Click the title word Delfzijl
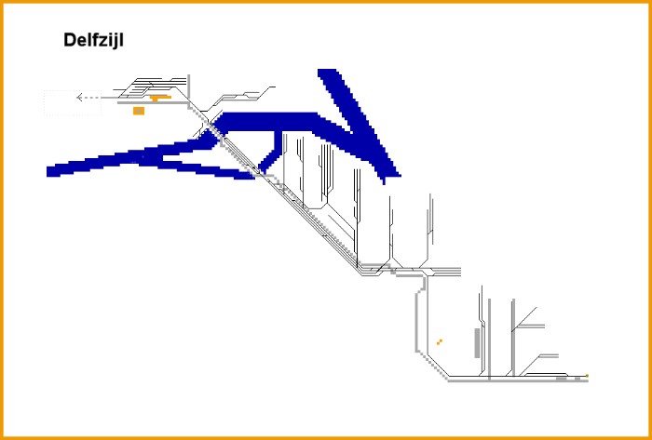click(x=93, y=41)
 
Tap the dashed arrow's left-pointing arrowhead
click(x=79, y=98)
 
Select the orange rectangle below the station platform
click(x=139, y=111)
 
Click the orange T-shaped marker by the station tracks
click(x=159, y=98)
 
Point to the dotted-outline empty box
click(x=73, y=102)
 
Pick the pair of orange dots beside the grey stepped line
click(x=439, y=342)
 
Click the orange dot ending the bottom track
click(x=587, y=376)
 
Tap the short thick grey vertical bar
click(x=477, y=343)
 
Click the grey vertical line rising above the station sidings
click(x=189, y=87)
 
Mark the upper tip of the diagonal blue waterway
click(x=327, y=70)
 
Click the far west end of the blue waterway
click(x=48, y=171)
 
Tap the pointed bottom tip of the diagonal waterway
click(x=384, y=182)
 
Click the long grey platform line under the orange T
click(x=153, y=102)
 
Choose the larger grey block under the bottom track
click(x=562, y=379)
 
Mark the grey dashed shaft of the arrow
click(x=91, y=98)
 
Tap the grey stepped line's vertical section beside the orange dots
click(x=416, y=323)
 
